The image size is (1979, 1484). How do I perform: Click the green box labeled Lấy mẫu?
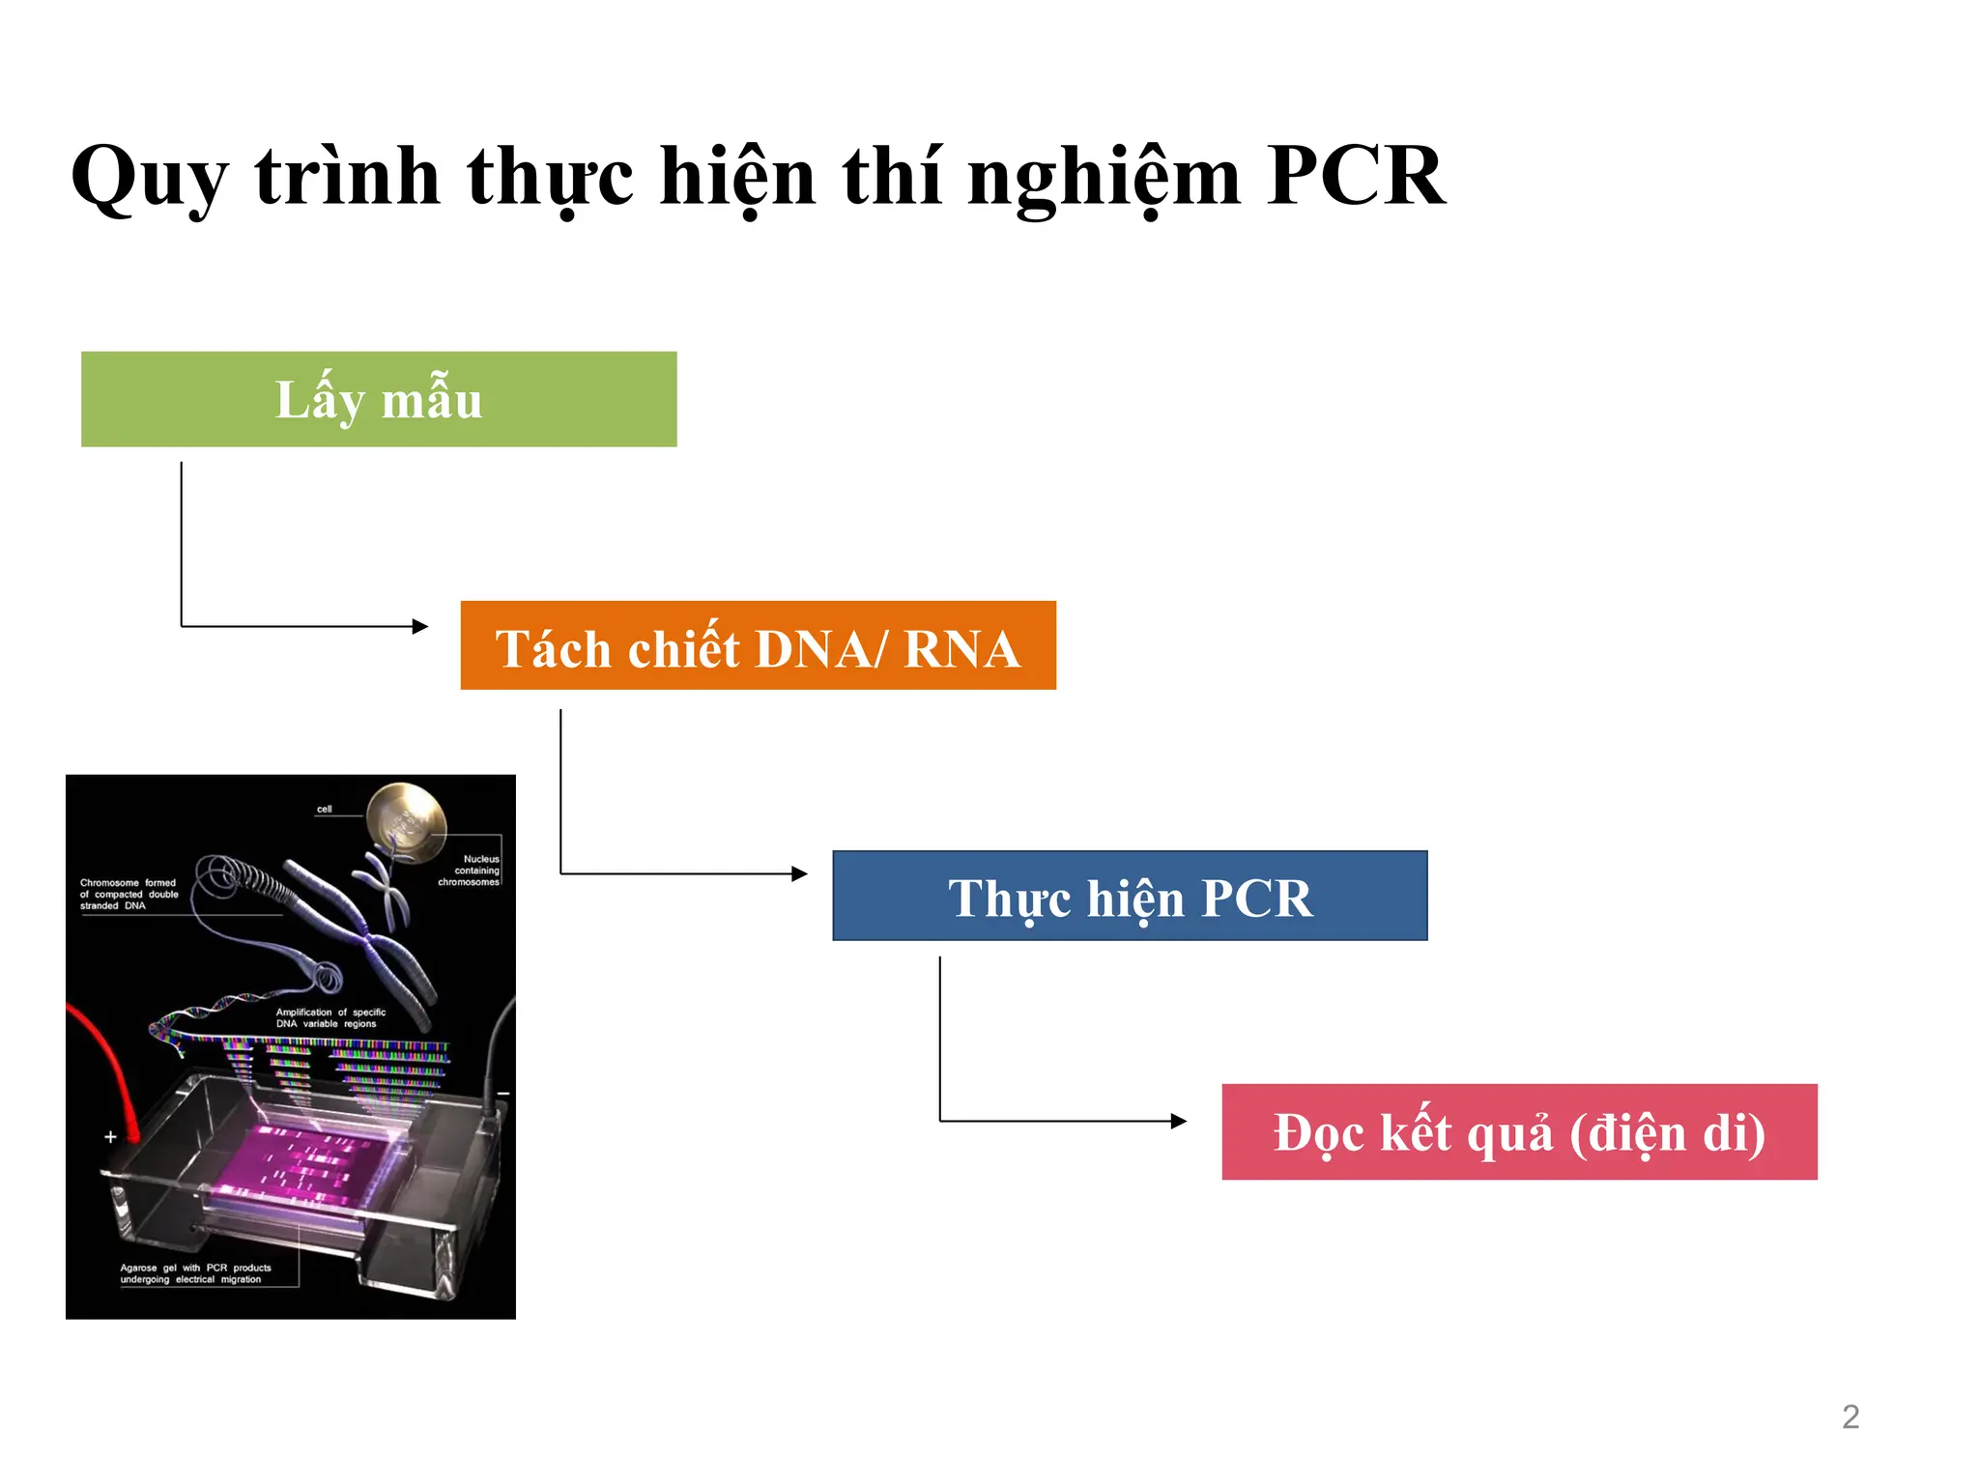379,399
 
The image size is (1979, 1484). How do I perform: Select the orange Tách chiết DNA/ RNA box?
758,645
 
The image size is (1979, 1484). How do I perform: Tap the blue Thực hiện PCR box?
1130,896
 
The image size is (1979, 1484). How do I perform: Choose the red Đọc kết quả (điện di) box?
1519,1131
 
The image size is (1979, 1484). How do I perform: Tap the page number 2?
1850,1416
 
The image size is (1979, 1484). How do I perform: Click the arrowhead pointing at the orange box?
420,626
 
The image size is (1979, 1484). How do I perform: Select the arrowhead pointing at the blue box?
799,874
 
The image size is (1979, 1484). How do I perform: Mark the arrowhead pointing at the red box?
1179,1121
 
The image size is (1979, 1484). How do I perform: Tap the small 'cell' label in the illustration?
325,810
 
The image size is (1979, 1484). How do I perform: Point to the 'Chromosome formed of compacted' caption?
129,895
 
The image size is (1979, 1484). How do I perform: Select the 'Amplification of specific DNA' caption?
330,1018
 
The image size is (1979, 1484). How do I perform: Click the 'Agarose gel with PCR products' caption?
195,1273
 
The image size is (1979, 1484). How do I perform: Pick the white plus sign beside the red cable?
110,1137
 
